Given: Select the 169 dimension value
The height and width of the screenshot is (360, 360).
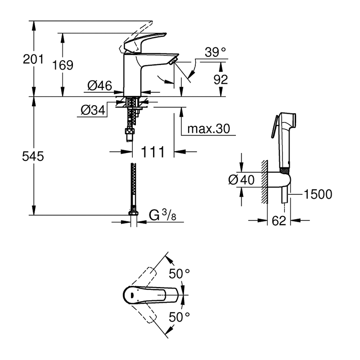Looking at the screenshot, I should (63, 65).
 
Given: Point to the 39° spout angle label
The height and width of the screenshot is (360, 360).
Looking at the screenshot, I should (214, 53).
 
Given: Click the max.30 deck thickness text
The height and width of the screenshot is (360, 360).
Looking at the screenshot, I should (208, 129).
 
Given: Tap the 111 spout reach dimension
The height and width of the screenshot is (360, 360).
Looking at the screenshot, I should (153, 152).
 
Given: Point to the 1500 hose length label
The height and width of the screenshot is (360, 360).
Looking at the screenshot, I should (318, 194).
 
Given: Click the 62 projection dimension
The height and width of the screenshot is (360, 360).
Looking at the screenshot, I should (279, 221).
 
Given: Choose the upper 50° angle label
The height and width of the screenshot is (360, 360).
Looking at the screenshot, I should (180, 273).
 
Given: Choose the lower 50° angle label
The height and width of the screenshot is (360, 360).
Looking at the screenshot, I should (180, 317).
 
